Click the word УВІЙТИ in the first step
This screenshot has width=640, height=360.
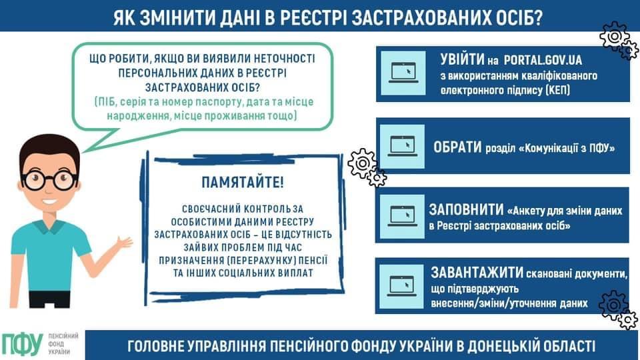pyautogui.click(x=462, y=60)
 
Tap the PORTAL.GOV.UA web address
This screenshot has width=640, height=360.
pyautogui.click(x=543, y=61)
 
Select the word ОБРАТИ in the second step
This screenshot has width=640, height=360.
pyautogui.click(x=457, y=147)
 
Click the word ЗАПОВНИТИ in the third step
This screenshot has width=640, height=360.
pyautogui.click(x=466, y=210)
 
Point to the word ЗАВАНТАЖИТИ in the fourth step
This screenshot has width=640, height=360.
pyautogui.click(x=477, y=273)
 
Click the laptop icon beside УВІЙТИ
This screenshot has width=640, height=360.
pyautogui.click(x=403, y=73)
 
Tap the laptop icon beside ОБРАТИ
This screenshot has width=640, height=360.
pyautogui.click(x=403, y=146)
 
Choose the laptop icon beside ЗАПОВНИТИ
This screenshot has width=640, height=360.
pyautogui.click(x=403, y=216)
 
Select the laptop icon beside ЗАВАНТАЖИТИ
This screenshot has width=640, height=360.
pyautogui.click(x=401, y=286)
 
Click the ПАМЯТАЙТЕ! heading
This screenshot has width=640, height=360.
pyautogui.click(x=243, y=183)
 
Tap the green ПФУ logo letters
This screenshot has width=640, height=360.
pyautogui.click(x=22, y=344)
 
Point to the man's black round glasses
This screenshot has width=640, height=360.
pyautogui.click(x=49, y=179)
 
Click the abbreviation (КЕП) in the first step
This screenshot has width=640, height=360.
pyautogui.click(x=557, y=90)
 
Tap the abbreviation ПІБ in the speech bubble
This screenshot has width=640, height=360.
pyautogui.click(x=106, y=101)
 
